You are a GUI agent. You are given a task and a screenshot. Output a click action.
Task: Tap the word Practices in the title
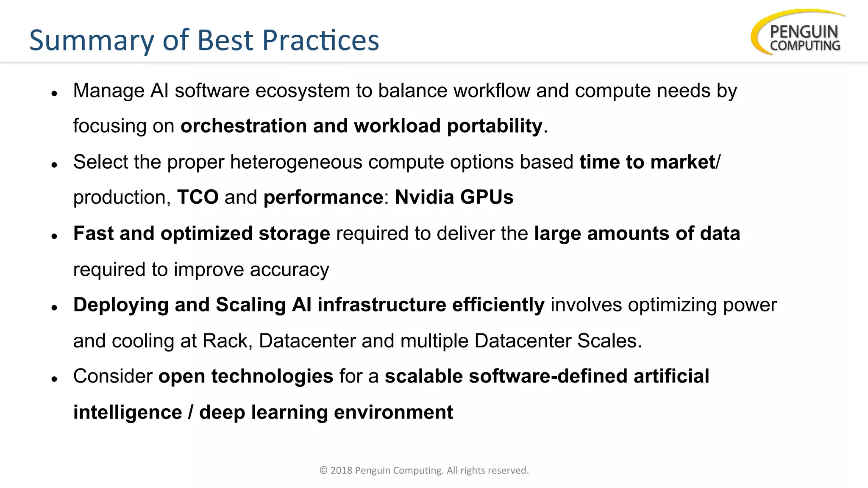coord(320,41)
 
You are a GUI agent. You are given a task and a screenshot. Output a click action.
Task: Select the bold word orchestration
coord(244,126)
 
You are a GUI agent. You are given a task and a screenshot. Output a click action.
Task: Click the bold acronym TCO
coord(198,197)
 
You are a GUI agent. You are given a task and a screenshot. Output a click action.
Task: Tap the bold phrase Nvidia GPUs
coord(454,197)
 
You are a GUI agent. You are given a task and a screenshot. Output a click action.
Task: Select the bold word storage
coord(294,234)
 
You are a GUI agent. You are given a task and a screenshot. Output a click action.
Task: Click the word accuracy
coord(289,270)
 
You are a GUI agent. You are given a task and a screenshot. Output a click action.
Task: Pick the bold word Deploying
coord(121,305)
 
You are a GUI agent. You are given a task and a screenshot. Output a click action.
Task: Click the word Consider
coord(113,377)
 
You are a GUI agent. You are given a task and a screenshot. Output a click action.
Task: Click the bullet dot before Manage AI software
coord(54,94)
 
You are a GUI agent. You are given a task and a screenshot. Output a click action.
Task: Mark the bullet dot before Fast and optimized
coord(54,236)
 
